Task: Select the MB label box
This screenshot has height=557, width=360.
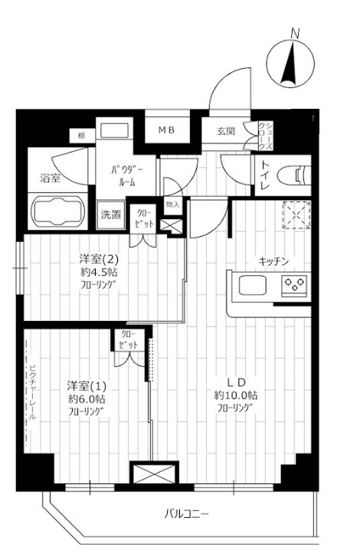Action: click(166, 130)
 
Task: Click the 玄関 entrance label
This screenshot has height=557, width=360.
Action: click(224, 130)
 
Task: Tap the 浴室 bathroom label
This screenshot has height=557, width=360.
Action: click(51, 178)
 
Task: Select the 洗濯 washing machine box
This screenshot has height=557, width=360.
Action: click(111, 215)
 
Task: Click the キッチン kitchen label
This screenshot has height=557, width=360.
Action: click(273, 262)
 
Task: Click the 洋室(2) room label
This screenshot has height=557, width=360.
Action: click(98, 258)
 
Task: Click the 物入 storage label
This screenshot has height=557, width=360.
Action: click(172, 205)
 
